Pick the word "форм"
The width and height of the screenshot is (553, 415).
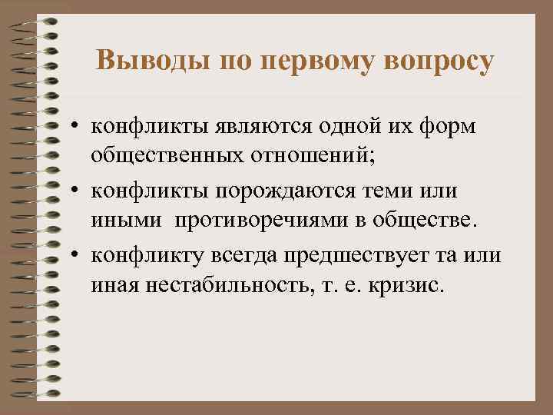click(452, 126)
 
